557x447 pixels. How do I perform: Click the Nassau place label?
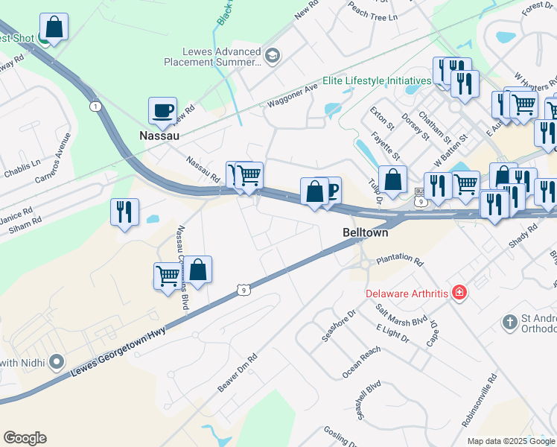pyautogui.click(x=159, y=136)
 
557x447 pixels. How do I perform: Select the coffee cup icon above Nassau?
pyautogui.click(x=162, y=111)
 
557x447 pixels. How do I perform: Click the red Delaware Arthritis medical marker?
pyautogui.click(x=460, y=292)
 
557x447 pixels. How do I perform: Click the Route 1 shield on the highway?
pyautogui.click(x=95, y=107)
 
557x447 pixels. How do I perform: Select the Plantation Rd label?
pyautogui.click(x=399, y=262)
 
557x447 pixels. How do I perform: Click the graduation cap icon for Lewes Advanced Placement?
pyautogui.click(x=273, y=55)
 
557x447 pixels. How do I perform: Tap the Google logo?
pyautogui.click(x=25, y=438)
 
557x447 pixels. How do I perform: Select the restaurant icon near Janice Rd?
pyautogui.click(x=124, y=212)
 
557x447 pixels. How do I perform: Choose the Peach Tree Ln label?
pyautogui.click(x=372, y=11)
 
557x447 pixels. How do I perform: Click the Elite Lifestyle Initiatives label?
pyautogui.click(x=377, y=80)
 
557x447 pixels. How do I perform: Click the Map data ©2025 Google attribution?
pyautogui.click(x=511, y=441)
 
